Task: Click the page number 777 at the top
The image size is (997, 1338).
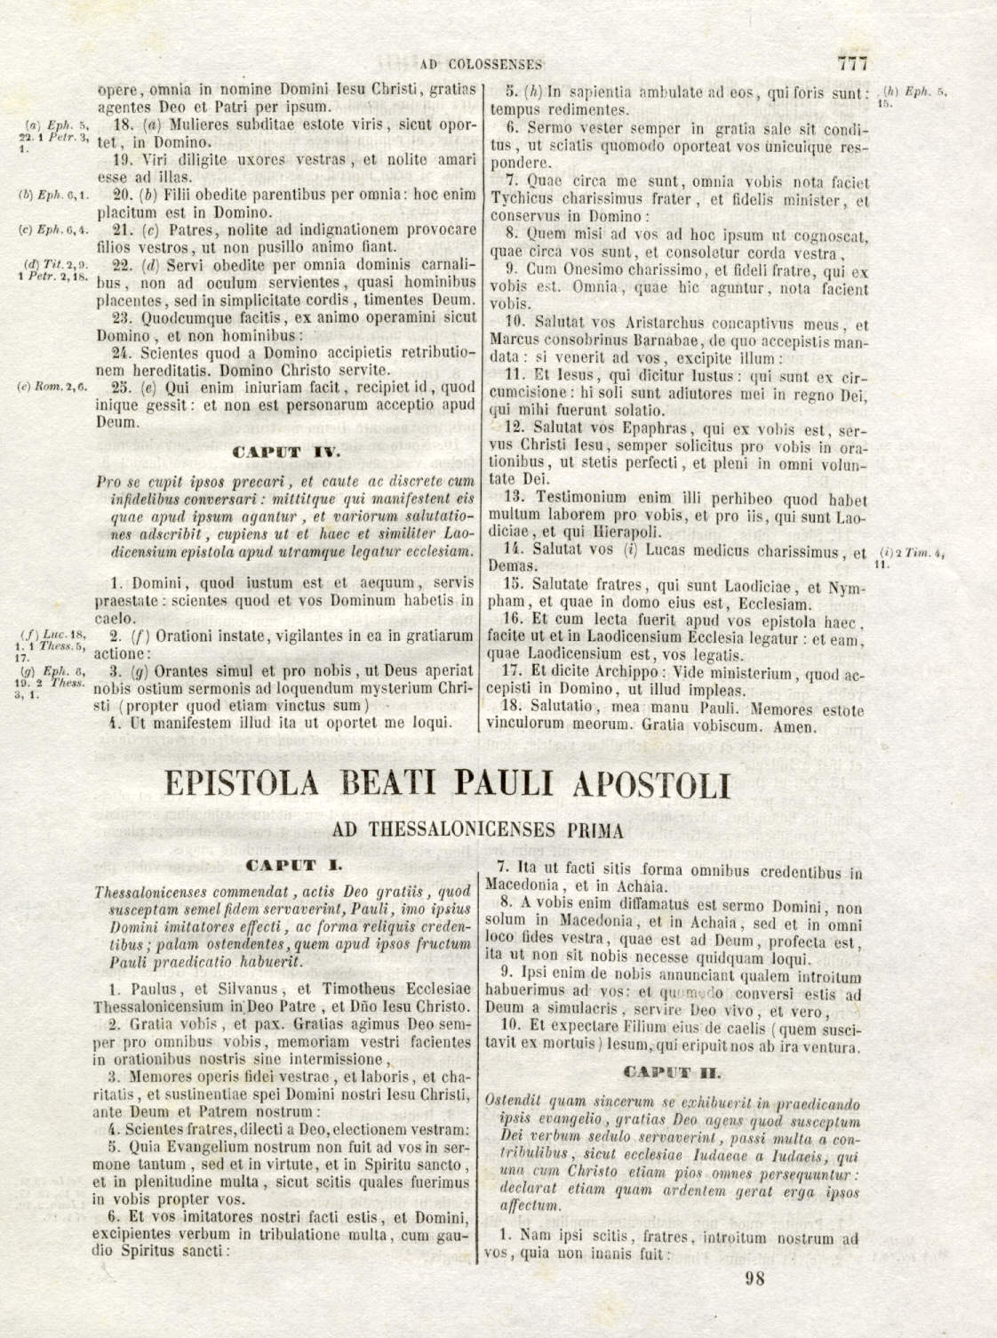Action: (x=851, y=63)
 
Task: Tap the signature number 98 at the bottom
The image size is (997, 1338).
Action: (x=756, y=1278)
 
